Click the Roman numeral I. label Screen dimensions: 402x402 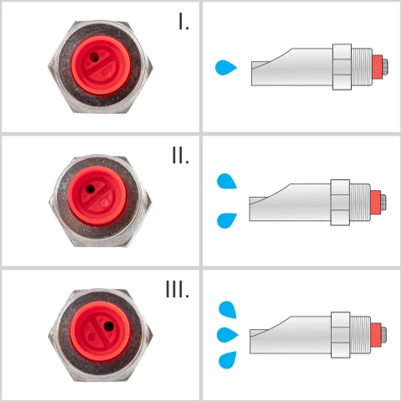pos(184,23)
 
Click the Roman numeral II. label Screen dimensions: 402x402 pos(179,156)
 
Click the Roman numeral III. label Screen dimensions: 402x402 pos(177,290)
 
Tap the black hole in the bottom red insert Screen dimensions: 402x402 pos(109,324)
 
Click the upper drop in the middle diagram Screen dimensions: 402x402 pos(227,181)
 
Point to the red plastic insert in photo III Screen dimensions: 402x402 pos(99,327)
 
